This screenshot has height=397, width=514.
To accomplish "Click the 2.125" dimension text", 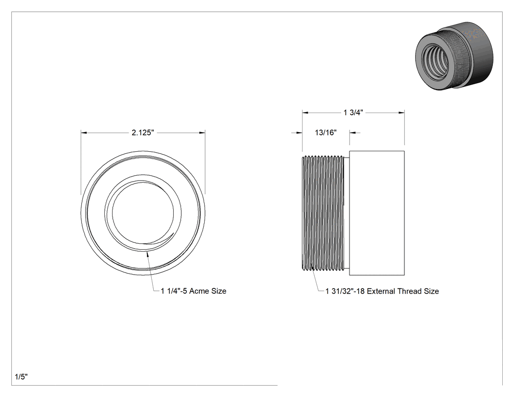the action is tap(142, 133).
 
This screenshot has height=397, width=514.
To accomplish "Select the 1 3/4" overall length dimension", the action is tap(353, 113).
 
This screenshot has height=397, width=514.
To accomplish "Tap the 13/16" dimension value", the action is tap(326, 133).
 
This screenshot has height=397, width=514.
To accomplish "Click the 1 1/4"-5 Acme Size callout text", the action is tap(193, 291).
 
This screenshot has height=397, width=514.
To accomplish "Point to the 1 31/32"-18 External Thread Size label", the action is tap(382, 291).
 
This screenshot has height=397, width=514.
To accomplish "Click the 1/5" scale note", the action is tap(22, 376).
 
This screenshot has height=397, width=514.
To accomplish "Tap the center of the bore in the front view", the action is tap(143, 213).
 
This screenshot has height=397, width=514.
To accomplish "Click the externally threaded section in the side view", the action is tap(323, 213).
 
